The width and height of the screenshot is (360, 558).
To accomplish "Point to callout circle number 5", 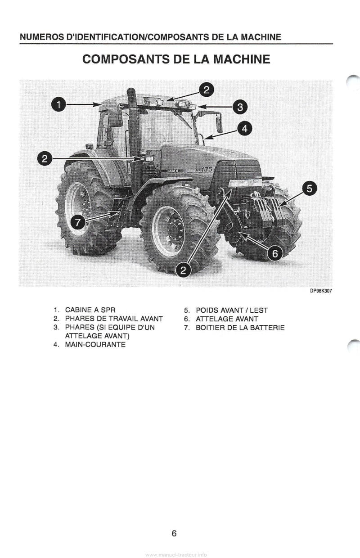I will [309, 188].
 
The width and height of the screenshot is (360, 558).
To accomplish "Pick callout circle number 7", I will [78, 222].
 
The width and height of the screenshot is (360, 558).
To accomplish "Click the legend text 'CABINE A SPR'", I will [91, 310].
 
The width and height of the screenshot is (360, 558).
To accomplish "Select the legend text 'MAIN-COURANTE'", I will [95, 345].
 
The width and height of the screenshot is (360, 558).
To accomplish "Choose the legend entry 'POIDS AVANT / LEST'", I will [232, 310].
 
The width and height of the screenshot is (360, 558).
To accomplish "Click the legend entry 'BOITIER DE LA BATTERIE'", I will [240, 328].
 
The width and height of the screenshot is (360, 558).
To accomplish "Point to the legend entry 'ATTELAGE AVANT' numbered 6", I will [227, 319].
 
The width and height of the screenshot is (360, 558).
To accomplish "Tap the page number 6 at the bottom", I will [174, 534].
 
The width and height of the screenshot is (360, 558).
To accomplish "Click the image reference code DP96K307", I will [321, 291].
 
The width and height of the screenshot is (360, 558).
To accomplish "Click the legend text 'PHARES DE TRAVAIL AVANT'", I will [114, 319].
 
